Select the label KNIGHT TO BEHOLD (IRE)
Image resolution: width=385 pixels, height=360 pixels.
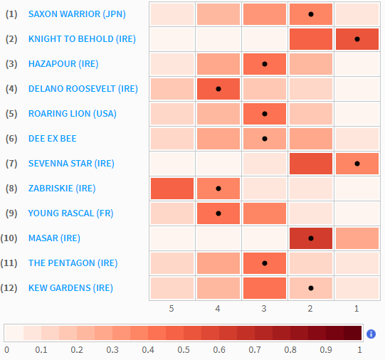point(82,39)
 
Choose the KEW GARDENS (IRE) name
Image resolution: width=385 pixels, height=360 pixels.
point(70,287)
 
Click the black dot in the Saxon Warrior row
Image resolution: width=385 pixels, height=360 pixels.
point(311,14)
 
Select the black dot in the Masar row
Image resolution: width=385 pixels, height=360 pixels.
point(311,238)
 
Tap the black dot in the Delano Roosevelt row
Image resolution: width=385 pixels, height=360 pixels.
point(218,89)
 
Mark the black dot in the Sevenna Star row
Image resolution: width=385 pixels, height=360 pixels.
point(357,164)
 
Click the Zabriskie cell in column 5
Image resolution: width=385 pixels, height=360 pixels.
point(172,189)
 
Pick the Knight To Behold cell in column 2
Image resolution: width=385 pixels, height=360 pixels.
point(311,39)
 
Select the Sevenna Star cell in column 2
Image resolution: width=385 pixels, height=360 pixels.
point(311,164)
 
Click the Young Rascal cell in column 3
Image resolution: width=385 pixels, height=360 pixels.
point(265,213)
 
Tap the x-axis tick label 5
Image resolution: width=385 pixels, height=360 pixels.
point(172,308)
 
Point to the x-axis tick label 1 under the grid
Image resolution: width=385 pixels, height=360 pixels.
point(357,308)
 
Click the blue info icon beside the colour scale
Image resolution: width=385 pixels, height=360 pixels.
point(371,334)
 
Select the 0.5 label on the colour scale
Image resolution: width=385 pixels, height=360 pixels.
point(184,350)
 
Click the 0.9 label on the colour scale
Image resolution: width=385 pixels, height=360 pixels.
point(325,350)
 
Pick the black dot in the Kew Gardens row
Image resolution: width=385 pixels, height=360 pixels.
point(311,287)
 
